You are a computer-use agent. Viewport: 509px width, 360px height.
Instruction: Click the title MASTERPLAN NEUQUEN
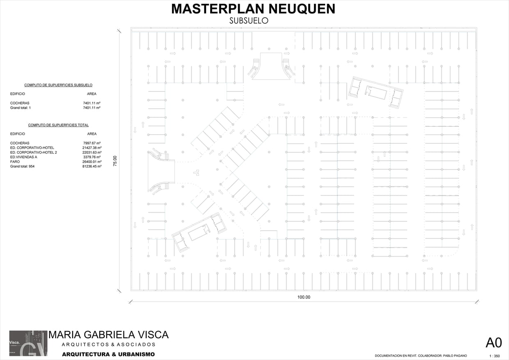tap(253, 9)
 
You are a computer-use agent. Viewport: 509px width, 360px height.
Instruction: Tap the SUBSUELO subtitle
tap(249, 21)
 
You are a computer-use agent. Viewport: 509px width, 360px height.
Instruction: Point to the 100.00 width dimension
tap(304, 297)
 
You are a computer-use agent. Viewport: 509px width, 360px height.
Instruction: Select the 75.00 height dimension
tap(115, 161)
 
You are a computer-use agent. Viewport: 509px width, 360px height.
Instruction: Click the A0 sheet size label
tap(493, 343)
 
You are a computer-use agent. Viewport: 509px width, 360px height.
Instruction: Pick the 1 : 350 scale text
tap(495, 356)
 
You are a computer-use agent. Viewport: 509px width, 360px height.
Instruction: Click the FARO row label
tap(15, 162)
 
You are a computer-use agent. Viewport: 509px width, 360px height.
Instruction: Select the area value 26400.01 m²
tap(92, 162)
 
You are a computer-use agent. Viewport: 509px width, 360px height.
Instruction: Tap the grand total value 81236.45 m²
tap(92, 166)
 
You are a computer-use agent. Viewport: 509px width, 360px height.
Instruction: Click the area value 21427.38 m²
tap(92, 148)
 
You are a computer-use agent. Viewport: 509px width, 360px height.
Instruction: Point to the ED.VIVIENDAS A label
tap(24, 157)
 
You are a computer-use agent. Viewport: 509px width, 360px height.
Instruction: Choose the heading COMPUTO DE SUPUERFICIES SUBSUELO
tap(58, 85)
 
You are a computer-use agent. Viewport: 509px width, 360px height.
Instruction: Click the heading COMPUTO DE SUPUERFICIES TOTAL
tap(58, 125)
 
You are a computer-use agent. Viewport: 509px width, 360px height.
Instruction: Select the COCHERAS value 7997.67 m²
tap(92, 143)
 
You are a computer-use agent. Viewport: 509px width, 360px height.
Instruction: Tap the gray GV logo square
tap(28, 343)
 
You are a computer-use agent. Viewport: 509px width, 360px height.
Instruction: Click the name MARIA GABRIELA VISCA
tap(109, 335)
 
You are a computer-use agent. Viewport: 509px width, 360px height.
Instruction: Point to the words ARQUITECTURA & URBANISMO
tap(108, 354)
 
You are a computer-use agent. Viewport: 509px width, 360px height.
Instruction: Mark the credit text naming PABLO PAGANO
tap(421, 355)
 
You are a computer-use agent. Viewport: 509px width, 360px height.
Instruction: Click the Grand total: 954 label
tap(22, 166)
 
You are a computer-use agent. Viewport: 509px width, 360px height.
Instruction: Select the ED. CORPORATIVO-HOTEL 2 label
tap(34, 153)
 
